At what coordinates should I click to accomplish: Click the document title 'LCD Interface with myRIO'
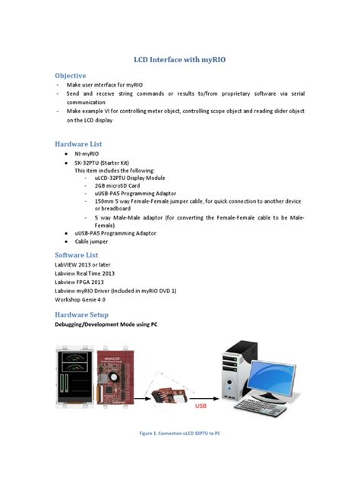(x=180, y=58)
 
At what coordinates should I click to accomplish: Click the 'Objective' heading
(x=70, y=75)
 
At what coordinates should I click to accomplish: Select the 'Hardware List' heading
(x=78, y=144)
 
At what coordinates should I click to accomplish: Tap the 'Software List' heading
(x=77, y=254)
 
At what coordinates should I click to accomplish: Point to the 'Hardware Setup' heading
(x=81, y=314)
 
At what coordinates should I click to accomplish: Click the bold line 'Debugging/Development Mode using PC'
(x=106, y=324)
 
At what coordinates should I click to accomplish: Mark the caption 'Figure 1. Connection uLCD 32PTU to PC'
(x=180, y=433)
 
